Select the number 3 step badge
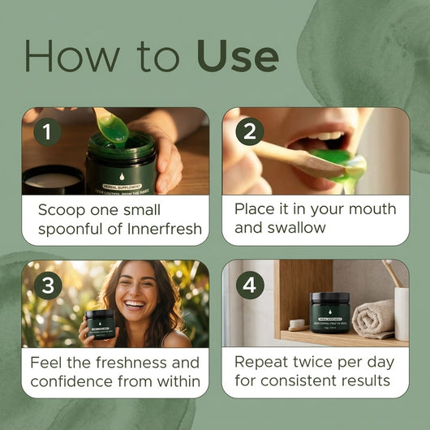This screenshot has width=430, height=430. (47, 286)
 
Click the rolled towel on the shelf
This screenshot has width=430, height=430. (372, 319)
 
